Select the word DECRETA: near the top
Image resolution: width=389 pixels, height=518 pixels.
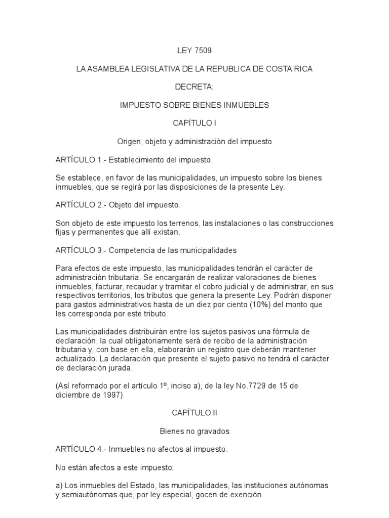[x=194, y=87]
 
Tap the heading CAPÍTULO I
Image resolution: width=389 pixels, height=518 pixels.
[x=194, y=123]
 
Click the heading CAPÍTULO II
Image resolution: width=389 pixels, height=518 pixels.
[x=194, y=413]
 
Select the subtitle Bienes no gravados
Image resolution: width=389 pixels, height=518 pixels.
[x=194, y=431]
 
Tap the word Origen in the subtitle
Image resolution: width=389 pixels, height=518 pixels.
[x=129, y=142]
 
